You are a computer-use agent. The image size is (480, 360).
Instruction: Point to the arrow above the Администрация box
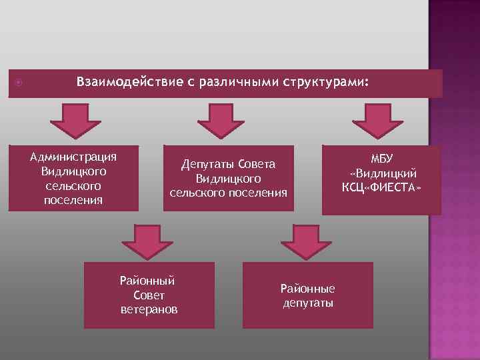73,120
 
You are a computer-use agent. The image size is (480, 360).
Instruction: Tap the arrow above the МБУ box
377,120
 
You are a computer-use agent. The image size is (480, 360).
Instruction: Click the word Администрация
74,157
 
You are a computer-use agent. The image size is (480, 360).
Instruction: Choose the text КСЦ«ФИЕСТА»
382,186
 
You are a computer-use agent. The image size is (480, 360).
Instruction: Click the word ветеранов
149,309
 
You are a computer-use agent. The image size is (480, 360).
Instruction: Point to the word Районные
307,288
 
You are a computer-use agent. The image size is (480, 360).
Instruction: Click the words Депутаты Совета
229,165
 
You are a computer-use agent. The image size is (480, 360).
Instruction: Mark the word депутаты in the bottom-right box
307,303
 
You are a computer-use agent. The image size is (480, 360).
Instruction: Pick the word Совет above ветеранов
149,295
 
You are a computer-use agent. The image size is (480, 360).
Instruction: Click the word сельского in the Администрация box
74,186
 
